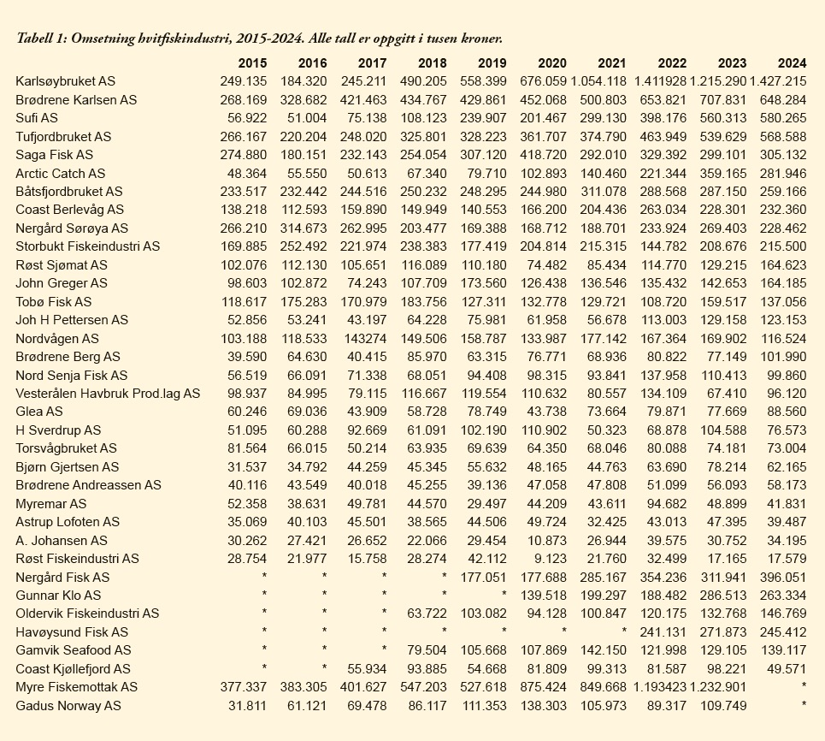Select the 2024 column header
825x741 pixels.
click(792, 63)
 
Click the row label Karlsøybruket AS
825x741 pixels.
click(65, 81)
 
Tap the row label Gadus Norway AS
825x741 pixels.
click(68, 705)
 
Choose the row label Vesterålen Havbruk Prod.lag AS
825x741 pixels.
click(108, 394)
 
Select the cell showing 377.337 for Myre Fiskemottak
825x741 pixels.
click(243, 687)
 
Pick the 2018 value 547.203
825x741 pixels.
click(423, 687)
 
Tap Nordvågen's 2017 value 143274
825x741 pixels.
click(366, 338)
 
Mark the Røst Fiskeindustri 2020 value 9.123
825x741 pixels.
click(548, 559)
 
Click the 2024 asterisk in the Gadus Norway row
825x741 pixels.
click(803, 705)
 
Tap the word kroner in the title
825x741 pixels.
click(480, 39)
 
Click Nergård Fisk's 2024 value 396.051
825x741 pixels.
click(782, 577)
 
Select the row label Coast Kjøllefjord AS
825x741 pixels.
click(73, 669)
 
